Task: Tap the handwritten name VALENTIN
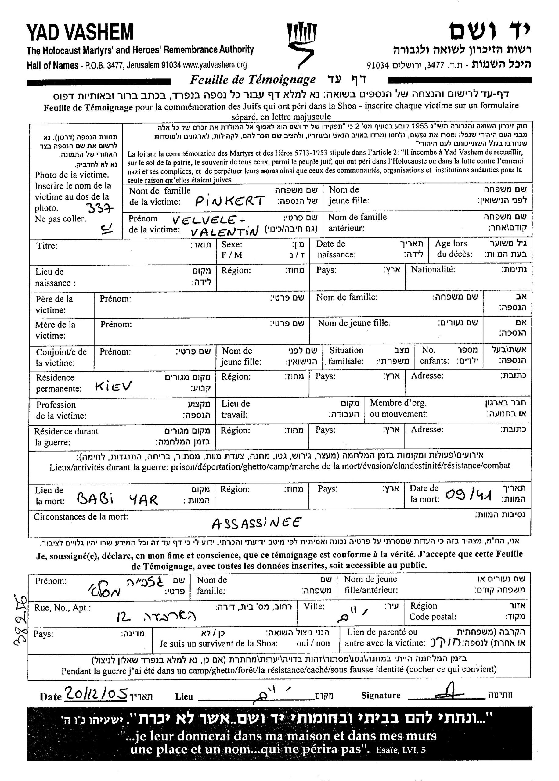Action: (224, 232)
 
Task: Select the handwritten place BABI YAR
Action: (117, 499)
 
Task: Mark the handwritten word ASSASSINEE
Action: (256, 523)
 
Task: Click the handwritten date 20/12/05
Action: (96, 694)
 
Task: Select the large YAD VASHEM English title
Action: (80, 32)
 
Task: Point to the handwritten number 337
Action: (99, 208)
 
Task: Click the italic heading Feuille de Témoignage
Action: (252, 80)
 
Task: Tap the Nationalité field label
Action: (433, 269)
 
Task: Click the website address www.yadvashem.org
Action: (215, 65)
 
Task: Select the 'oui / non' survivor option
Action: (313, 643)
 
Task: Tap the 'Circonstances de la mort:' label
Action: (81, 517)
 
